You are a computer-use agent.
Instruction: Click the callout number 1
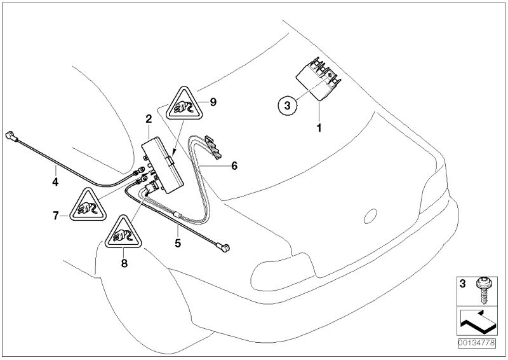coord(319,127)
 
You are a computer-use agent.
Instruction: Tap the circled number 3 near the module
coord(287,107)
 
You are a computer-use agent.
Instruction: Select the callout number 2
coord(148,118)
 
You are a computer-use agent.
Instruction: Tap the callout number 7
coord(56,216)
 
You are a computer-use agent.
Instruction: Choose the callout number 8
coord(124,261)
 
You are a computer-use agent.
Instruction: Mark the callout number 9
coord(214,101)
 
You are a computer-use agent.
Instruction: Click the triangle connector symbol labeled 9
coord(184,108)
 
